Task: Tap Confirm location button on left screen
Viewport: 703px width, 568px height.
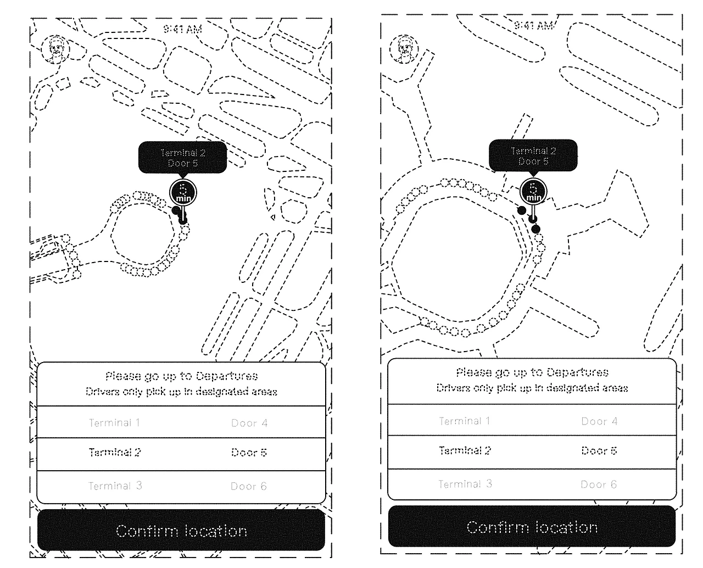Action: pyautogui.click(x=181, y=531)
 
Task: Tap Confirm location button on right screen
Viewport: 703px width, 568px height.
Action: pyautogui.click(x=532, y=527)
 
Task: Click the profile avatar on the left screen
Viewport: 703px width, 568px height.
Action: pyautogui.click(x=55, y=49)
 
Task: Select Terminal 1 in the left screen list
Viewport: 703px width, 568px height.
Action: pyautogui.click(x=114, y=422)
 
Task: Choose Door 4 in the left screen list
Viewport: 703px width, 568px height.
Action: pyautogui.click(x=249, y=423)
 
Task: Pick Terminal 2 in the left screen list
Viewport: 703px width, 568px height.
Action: pyautogui.click(x=115, y=453)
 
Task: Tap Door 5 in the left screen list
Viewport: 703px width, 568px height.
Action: pyautogui.click(x=249, y=453)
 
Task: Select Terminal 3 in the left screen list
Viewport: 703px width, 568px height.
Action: pyautogui.click(x=115, y=486)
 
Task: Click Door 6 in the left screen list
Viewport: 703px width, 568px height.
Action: pyautogui.click(x=248, y=486)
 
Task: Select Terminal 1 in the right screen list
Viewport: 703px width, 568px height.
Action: pyautogui.click(x=465, y=421)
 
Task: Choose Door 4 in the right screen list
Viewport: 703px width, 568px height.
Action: pyautogui.click(x=599, y=421)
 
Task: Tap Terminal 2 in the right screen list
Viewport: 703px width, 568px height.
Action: pyautogui.click(x=465, y=450)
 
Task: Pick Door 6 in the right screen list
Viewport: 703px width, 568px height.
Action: pyautogui.click(x=599, y=485)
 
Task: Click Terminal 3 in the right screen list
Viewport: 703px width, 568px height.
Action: pyautogui.click(x=465, y=484)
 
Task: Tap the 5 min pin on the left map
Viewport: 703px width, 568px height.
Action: pyautogui.click(x=182, y=192)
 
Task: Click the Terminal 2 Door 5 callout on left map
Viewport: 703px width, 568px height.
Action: pyautogui.click(x=182, y=158)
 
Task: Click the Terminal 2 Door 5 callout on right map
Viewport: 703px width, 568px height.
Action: pyautogui.click(x=533, y=155)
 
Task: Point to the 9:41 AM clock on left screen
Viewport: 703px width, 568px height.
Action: pyautogui.click(x=182, y=29)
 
